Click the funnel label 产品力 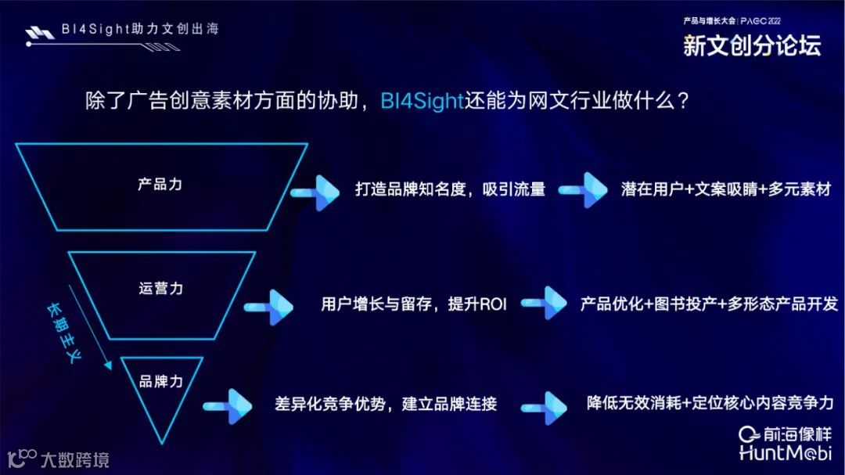tap(160, 185)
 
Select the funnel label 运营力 tap(161, 288)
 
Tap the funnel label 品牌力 tap(161, 381)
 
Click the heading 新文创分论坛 tap(752, 46)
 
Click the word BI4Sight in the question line tap(422, 102)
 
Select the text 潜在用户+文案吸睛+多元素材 tap(725, 189)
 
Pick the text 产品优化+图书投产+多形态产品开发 tap(709, 304)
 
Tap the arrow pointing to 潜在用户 tap(582, 190)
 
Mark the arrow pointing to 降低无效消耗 tap(544, 405)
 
